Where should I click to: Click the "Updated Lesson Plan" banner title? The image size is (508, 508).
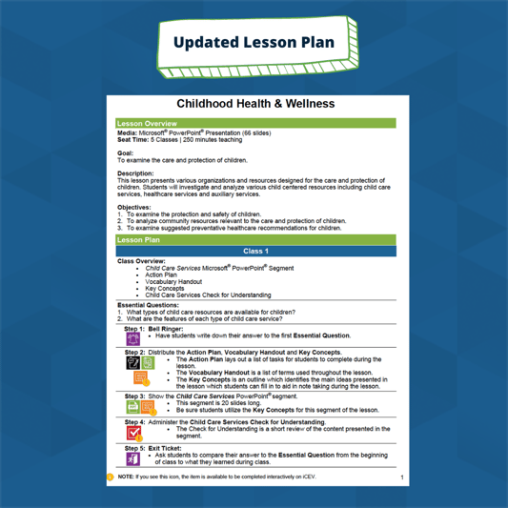[x=254, y=42]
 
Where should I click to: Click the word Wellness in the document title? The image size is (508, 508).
[x=307, y=103]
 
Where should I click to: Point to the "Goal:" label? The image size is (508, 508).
[x=125, y=152]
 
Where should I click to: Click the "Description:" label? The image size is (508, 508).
[x=134, y=173]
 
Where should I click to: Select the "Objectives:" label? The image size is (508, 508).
[x=133, y=207]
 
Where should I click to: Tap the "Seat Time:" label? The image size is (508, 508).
[x=132, y=139]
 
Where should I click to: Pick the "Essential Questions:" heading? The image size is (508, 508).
[x=148, y=304]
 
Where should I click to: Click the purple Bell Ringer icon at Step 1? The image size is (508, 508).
[x=133, y=338]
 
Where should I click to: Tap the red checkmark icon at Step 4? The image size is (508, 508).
[x=133, y=432]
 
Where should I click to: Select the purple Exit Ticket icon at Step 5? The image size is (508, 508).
[x=133, y=458]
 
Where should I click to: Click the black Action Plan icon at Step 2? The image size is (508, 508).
[x=133, y=363]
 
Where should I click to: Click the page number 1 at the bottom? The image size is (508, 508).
[x=402, y=477]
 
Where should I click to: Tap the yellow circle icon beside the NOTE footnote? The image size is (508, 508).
[x=111, y=476]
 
